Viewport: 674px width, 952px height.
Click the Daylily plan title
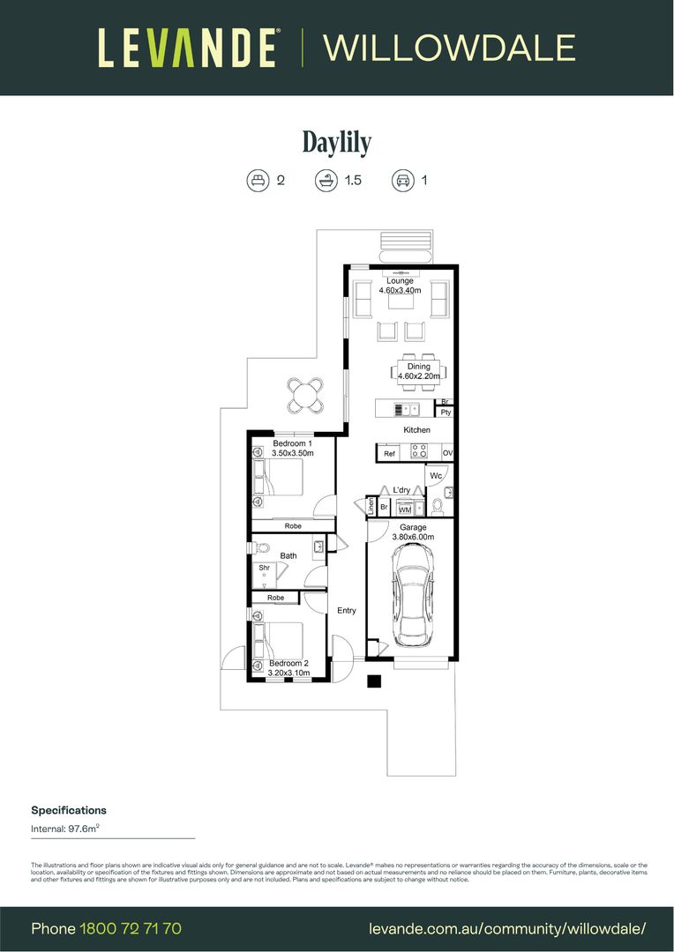pyautogui.click(x=337, y=142)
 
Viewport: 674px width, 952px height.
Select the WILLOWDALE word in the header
pyautogui.click(x=450, y=48)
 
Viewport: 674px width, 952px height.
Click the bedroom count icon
pyautogui.click(x=258, y=181)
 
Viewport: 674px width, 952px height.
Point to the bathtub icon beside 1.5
pyautogui.click(x=326, y=181)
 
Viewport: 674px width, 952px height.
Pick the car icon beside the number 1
pyautogui.click(x=403, y=181)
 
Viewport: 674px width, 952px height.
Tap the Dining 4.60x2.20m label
pyautogui.click(x=419, y=371)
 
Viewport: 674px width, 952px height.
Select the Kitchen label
pyautogui.click(x=416, y=430)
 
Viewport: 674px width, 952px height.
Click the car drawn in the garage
pyautogui.click(x=411, y=594)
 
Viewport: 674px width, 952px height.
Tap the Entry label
pyautogui.click(x=347, y=610)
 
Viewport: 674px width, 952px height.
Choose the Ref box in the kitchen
pyautogui.click(x=388, y=453)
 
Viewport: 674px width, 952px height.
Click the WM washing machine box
pyautogui.click(x=404, y=509)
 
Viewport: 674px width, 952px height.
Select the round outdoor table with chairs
pyautogui.click(x=305, y=394)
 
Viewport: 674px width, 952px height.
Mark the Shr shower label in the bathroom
pyautogui.click(x=264, y=568)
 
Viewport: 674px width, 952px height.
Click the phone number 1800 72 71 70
pyautogui.click(x=131, y=928)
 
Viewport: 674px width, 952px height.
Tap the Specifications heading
pyautogui.click(x=69, y=810)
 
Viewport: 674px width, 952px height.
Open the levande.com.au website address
pyautogui.click(x=506, y=928)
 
